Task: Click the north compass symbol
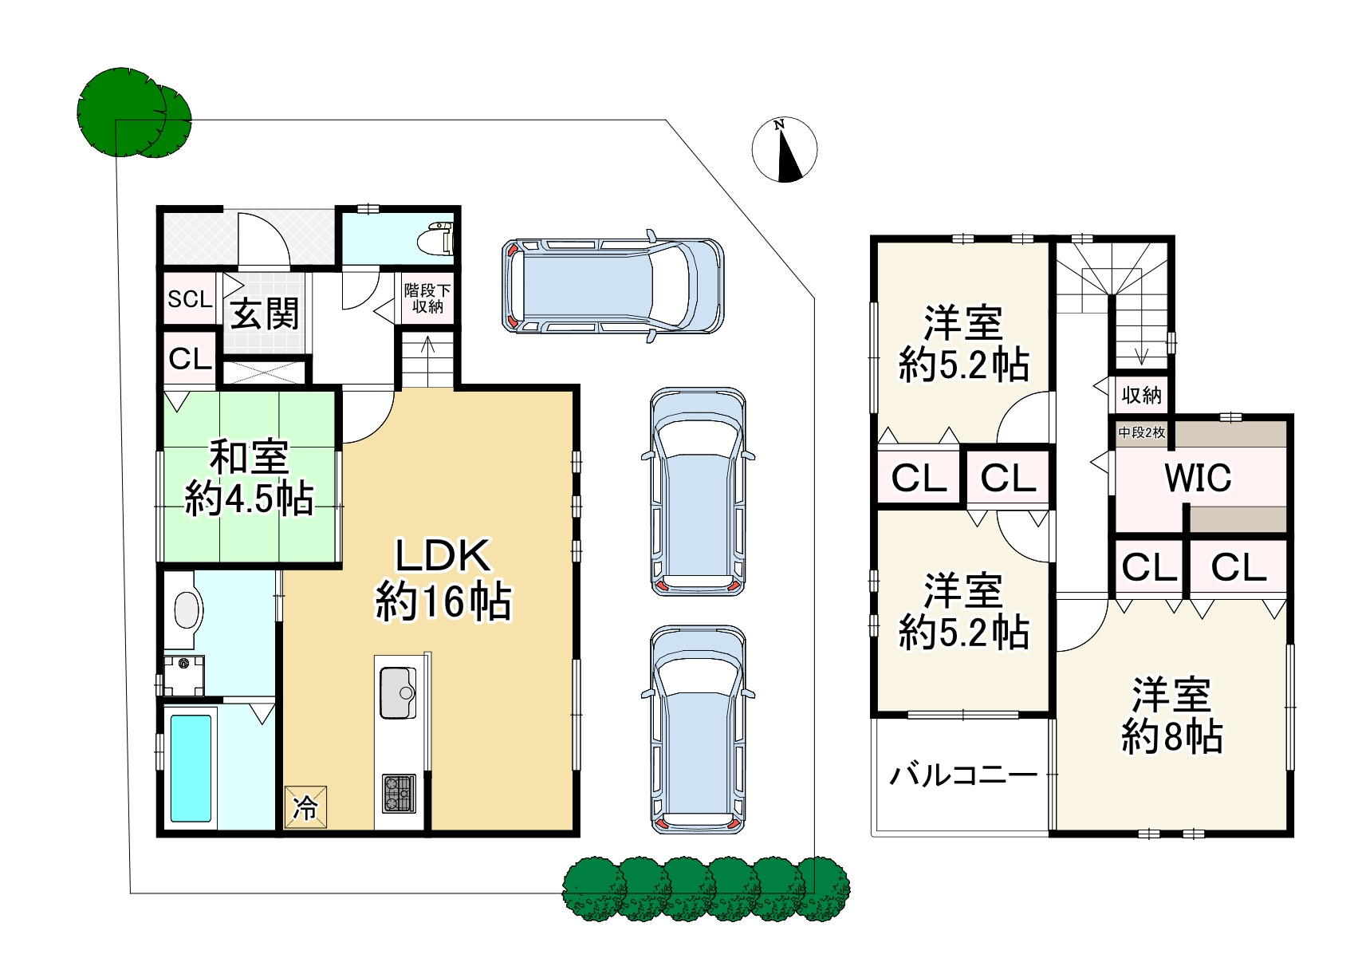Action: click(785, 150)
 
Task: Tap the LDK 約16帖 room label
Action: click(443, 578)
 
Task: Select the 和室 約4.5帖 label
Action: click(249, 479)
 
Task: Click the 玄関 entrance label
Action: click(265, 313)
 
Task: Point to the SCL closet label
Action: click(190, 299)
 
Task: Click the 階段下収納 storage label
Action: click(427, 298)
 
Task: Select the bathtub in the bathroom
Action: click(191, 768)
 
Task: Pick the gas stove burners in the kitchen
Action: click(399, 793)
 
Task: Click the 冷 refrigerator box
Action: click(305, 807)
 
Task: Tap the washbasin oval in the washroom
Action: click(187, 610)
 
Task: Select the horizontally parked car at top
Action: click(612, 286)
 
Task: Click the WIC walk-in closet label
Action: click(1198, 478)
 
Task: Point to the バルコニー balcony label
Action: click(963, 775)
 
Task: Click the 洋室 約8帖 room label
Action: click(1171, 716)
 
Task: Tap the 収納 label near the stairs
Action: click(1141, 395)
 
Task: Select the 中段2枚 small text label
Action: click(1142, 432)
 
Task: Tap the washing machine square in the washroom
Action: click(184, 675)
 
